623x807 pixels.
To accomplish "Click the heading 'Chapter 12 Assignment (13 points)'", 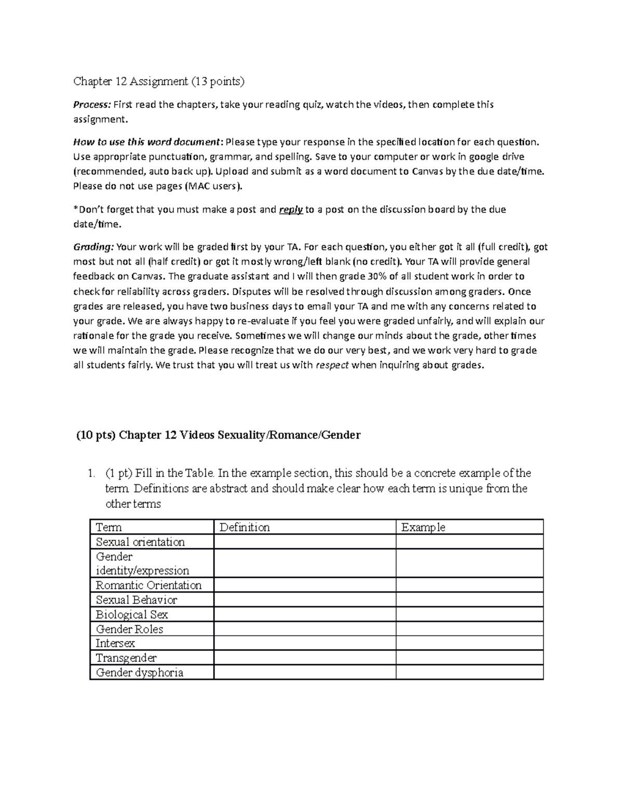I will (158, 81).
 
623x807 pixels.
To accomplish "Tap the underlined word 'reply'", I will (291, 210).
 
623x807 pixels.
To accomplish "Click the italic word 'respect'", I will (332, 365).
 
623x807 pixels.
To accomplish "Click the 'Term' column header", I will (109, 527).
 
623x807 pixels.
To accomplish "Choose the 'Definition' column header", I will (245, 527).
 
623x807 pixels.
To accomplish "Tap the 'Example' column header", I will (423, 527).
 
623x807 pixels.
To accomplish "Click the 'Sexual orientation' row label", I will (140, 542).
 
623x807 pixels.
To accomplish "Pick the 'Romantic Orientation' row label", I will (148, 586).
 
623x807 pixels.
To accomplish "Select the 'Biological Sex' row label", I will (132, 615).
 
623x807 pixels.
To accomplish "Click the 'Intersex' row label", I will (115, 643).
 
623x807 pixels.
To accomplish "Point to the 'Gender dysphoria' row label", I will (139, 672).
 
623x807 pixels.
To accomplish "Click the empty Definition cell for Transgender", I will (305, 658).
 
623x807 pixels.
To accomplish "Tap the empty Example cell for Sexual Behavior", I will (469, 600).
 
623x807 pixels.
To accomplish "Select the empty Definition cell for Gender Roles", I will (305, 629).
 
